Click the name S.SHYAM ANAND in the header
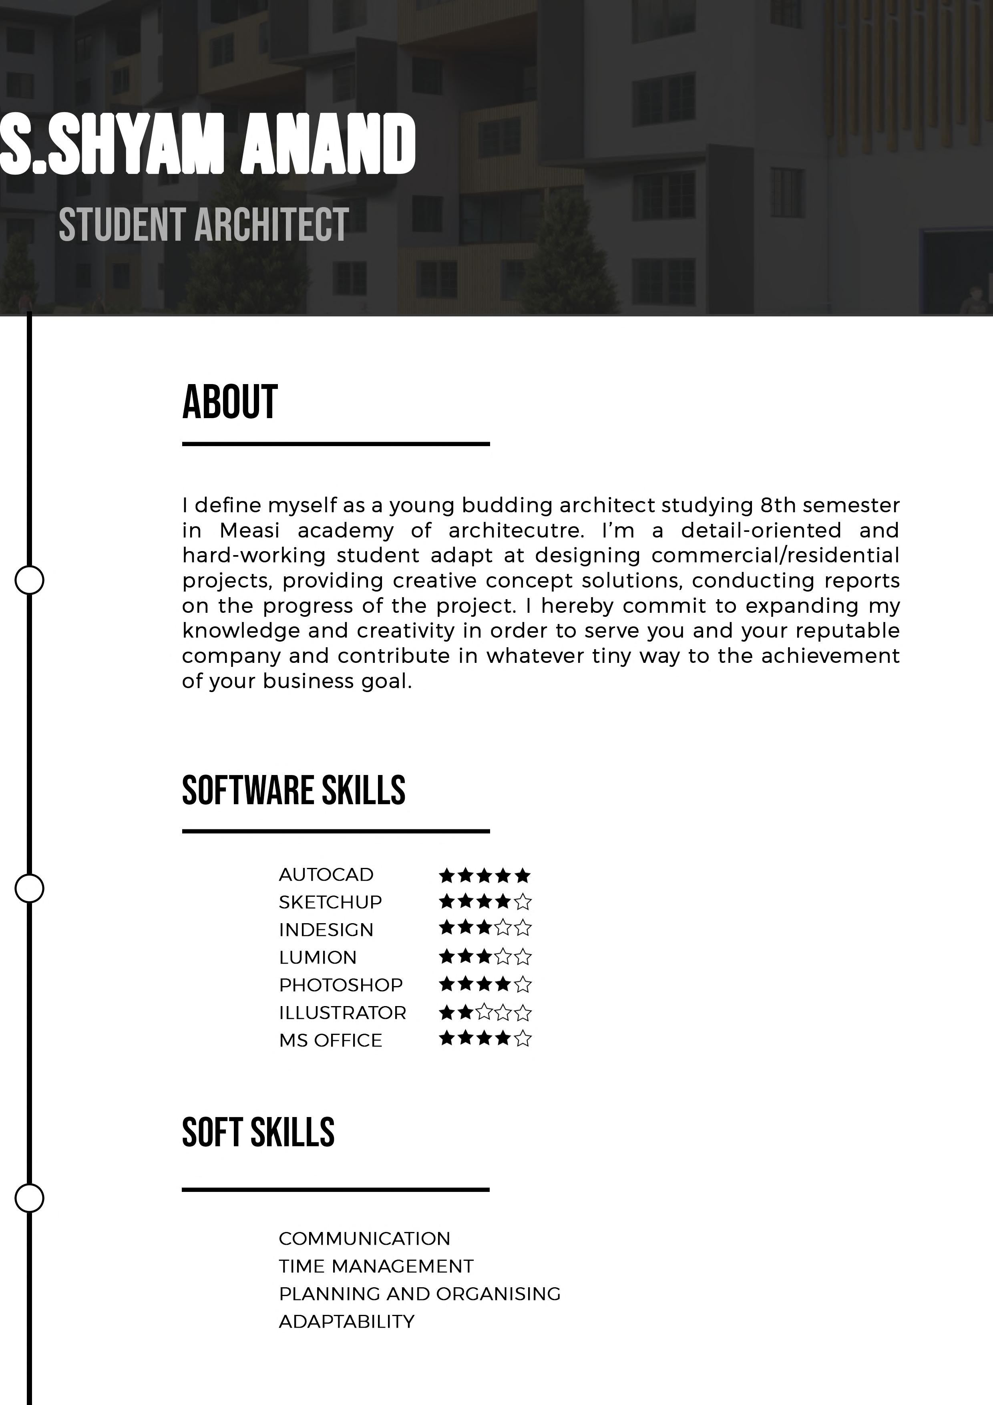pyautogui.click(x=208, y=144)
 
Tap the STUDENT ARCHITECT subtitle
pyautogui.click(x=204, y=225)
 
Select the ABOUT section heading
pyautogui.click(x=230, y=402)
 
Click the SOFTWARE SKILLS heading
pyautogui.click(x=293, y=790)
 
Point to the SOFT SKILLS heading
pyautogui.click(x=258, y=1133)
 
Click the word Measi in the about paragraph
pyautogui.click(x=249, y=531)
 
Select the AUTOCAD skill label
pyautogui.click(x=326, y=874)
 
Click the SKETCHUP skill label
pyautogui.click(x=330, y=902)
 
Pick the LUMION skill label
pyautogui.click(x=318, y=957)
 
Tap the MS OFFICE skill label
pyautogui.click(x=330, y=1040)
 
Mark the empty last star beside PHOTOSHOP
pyautogui.click(x=523, y=984)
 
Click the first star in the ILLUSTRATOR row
pyautogui.click(x=446, y=1013)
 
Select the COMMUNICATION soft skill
pyautogui.click(x=364, y=1238)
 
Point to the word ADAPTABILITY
pyautogui.click(x=346, y=1322)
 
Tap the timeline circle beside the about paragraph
pyautogui.click(x=29, y=580)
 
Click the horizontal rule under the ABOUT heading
pyautogui.click(x=336, y=444)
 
